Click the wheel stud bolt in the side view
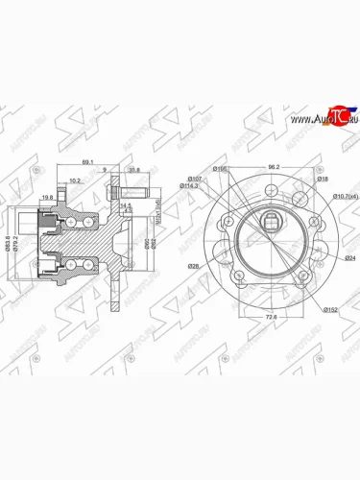pos(129,203)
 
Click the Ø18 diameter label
pos(323,179)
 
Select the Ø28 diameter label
pos(195,266)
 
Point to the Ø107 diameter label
pos(193,179)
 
